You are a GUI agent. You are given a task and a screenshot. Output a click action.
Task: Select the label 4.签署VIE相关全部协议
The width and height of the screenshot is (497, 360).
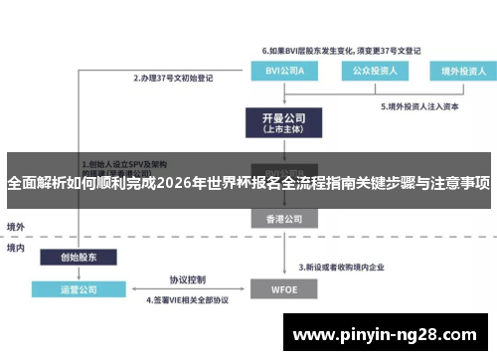[x=189, y=299]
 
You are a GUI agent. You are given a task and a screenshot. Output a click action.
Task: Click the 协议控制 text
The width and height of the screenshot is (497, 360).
[x=188, y=278]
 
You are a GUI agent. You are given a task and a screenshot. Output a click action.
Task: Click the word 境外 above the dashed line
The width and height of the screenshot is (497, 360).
[x=16, y=227]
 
